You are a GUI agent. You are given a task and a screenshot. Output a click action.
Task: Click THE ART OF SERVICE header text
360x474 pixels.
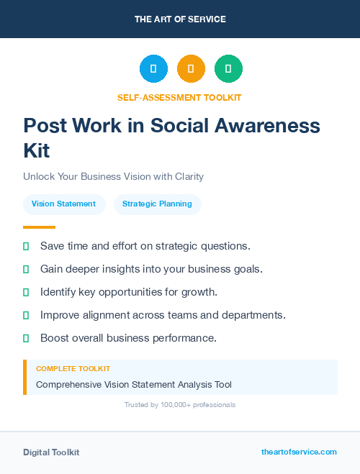click(180, 19)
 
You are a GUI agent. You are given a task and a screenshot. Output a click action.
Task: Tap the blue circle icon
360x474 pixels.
click(153, 69)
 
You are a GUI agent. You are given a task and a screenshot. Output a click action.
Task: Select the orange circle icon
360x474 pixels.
click(191, 69)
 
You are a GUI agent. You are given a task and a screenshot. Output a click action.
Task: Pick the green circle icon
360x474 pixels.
click(228, 69)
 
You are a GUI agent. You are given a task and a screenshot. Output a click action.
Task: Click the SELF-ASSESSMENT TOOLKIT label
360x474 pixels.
click(179, 97)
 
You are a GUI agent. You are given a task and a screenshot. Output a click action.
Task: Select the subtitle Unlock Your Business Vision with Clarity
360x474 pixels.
click(114, 176)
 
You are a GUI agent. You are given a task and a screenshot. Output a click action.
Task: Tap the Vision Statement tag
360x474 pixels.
click(63, 204)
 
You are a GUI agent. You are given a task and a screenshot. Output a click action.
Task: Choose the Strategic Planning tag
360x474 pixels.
click(157, 204)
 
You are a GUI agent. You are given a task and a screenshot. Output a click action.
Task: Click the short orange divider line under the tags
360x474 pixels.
click(39, 227)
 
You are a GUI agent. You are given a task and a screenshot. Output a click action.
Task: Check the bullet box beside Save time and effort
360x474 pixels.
click(26, 246)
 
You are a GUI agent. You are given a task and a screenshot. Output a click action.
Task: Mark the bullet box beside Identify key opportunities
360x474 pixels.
click(26, 292)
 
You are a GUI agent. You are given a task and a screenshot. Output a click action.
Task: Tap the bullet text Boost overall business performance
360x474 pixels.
click(128, 338)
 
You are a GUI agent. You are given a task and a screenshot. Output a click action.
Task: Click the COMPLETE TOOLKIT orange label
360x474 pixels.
click(73, 368)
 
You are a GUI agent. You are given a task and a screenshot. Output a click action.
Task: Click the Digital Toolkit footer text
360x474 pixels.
click(51, 452)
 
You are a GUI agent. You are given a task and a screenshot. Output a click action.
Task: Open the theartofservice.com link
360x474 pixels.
click(299, 452)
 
